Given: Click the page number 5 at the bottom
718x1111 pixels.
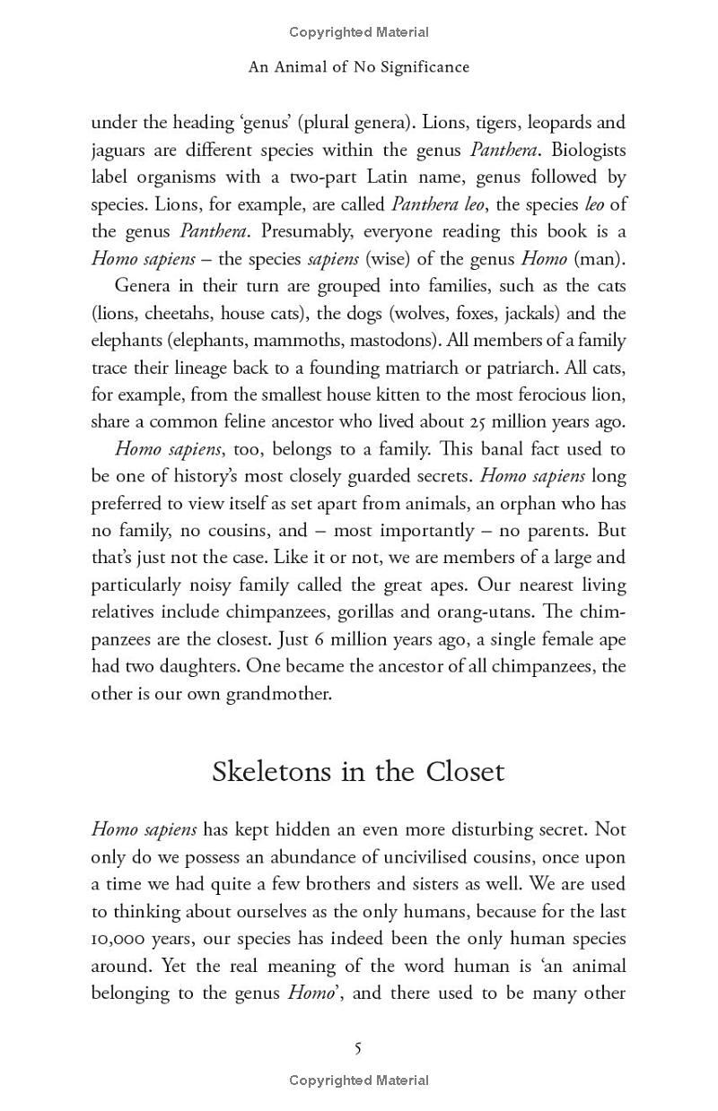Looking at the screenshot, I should click(x=358, y=1048).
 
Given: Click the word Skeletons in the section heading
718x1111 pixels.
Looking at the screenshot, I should click(x=272, y=772).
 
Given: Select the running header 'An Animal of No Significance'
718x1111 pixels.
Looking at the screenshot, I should click(x=358, y=67).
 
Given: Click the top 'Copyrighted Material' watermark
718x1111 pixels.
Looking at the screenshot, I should click(x=358, y=32).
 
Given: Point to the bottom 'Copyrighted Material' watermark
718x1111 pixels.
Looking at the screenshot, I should click(x=358, y=1081).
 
